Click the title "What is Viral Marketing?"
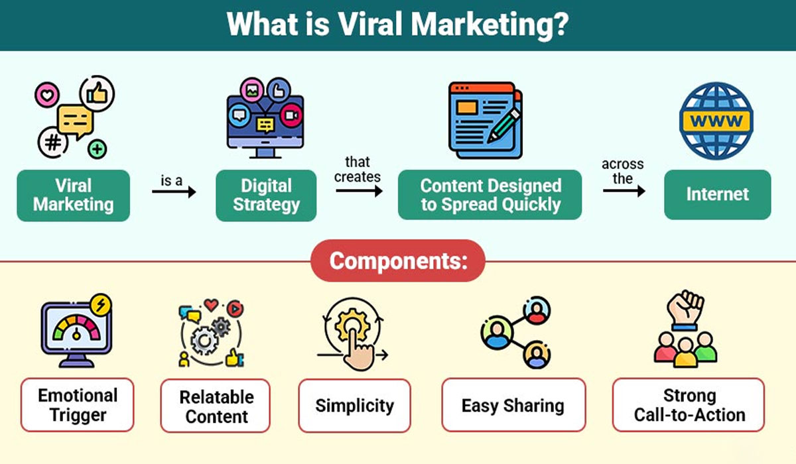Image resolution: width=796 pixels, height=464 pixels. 397,25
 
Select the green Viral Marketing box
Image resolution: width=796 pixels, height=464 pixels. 73,195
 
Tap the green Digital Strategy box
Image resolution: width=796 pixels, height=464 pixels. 266,195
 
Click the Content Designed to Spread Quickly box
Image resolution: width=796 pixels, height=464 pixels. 490,195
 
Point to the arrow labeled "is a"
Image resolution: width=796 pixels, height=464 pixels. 174,192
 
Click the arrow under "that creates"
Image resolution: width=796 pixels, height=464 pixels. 359,192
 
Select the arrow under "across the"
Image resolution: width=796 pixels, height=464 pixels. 624,191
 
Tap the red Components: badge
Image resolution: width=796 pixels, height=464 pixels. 397,261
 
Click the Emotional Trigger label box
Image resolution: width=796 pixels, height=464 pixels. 77,405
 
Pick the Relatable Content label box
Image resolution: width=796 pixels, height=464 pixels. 216,406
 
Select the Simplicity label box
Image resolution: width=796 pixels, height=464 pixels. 354,405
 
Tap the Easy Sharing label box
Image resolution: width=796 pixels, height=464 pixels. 513,405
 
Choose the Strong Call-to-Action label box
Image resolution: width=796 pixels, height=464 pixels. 689,405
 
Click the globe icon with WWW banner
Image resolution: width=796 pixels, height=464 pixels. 716,121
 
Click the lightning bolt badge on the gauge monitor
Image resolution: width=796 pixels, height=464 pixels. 101,305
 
